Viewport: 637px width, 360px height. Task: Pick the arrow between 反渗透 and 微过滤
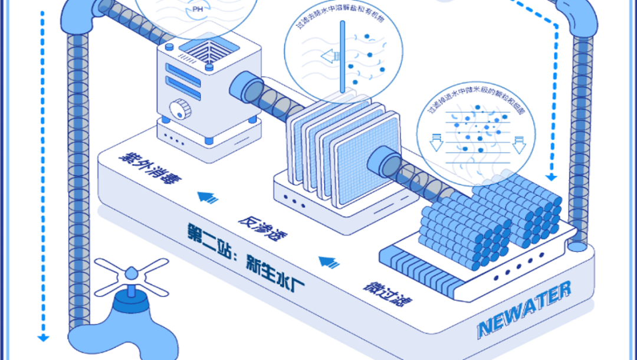pyautogui.click(x=327, y=260)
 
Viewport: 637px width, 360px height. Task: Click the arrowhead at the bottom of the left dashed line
pyautogui.click(x=42, y=338)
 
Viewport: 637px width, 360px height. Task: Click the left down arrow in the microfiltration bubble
pyautogui.click(x=436, y=142)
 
